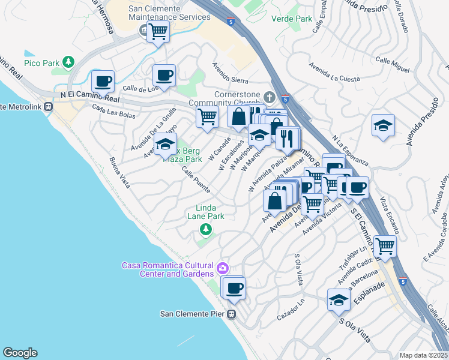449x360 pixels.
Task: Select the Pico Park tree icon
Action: click(x=69, y=62)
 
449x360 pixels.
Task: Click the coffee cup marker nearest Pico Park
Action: click(x=103, y=81)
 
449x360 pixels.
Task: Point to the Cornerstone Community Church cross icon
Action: click(x=271, y=97)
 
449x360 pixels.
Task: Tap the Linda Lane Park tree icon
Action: click(x=205, y=229)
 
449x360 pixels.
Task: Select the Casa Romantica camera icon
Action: click(x=223, y=268)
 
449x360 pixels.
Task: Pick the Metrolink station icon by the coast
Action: click(x=50, y=107)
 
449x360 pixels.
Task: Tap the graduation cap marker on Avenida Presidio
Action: click(x=383, y=125)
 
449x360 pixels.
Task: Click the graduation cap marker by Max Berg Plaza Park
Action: click(x=165, y=144)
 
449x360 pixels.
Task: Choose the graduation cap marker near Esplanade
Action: click(x=339, y=300)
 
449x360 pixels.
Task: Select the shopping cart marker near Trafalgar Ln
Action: click(x=384, y=245)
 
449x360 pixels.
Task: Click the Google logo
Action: click(x=20, y=353)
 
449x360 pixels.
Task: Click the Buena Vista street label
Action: click(x=119, y=173)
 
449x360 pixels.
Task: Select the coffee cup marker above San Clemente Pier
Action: click(x=234, y=287)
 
